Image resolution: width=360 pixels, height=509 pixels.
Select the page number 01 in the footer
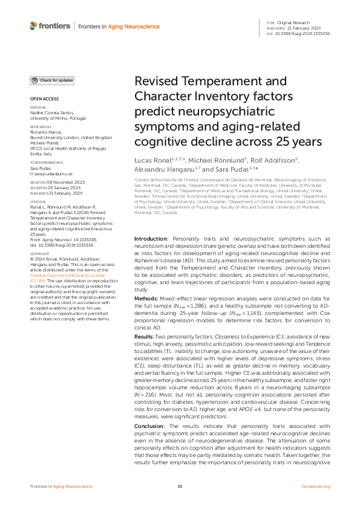tap(180, 486)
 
